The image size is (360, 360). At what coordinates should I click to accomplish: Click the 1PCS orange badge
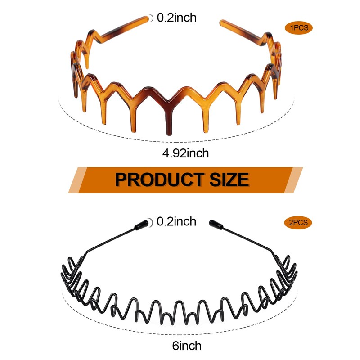coord(298,28)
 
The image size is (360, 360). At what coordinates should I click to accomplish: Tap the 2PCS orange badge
coord(298,222)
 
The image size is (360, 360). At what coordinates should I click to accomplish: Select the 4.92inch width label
coord(186,153)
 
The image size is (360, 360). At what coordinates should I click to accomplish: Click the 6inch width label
coord(186,346)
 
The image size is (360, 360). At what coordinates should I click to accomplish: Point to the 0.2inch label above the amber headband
coord(176,18)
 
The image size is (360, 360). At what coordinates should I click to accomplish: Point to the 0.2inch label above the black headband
coord(176,221)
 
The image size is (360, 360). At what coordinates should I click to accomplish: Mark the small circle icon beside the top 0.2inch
coord(152,18)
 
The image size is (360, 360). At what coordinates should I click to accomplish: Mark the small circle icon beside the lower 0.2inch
coord(152,221)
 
